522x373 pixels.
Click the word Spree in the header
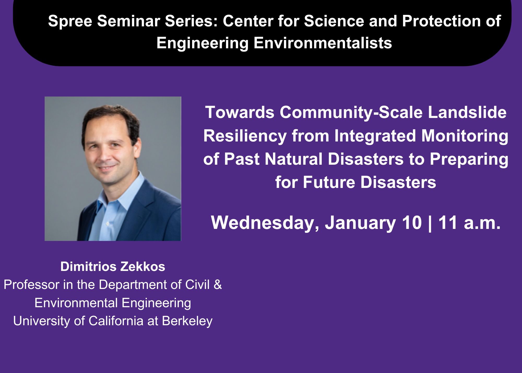(70, 21)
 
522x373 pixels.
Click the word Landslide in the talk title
(467, 112)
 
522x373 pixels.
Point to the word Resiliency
(245, 136)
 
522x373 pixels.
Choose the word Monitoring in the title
(465, 136)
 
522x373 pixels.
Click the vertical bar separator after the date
(430, 224)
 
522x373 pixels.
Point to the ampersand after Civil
(218, 285)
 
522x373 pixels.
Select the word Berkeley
(187, 321)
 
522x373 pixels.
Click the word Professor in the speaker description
(31, 285)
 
